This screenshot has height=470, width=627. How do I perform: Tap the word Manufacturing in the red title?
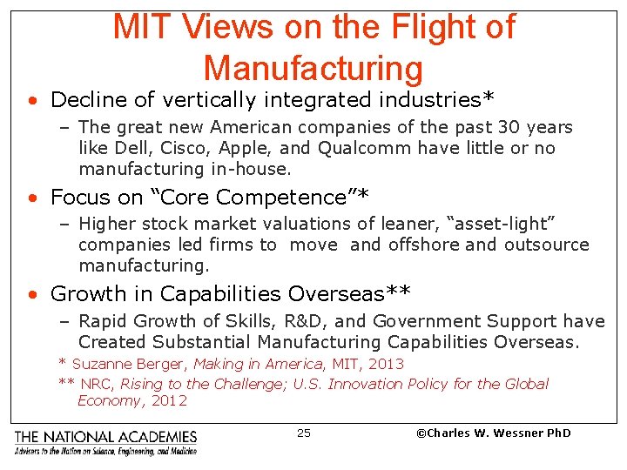click(313, 69)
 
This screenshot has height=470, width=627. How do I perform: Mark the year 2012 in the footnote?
click(168, 401)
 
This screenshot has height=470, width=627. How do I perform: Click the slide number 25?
click(303, 433)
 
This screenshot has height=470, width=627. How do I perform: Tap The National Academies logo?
click(105, 441)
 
